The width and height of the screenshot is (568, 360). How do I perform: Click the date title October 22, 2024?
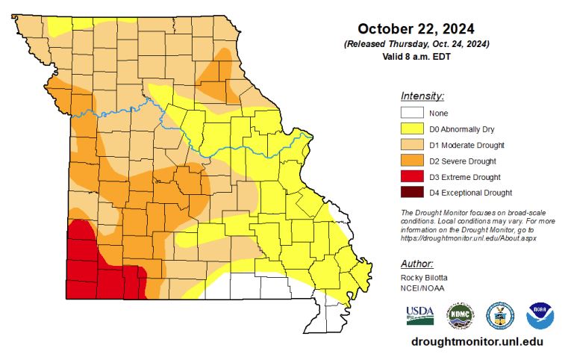416,29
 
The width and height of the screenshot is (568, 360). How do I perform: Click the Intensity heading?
422,96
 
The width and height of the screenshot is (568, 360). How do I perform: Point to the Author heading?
417,264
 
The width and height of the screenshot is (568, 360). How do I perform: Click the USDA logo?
419,315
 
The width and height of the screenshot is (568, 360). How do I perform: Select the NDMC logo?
460,316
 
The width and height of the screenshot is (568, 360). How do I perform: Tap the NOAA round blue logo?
540,316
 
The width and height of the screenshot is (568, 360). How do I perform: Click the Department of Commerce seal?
499,316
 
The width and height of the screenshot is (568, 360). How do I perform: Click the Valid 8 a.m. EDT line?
416,56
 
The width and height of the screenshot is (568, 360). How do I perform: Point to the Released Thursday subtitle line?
416,44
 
